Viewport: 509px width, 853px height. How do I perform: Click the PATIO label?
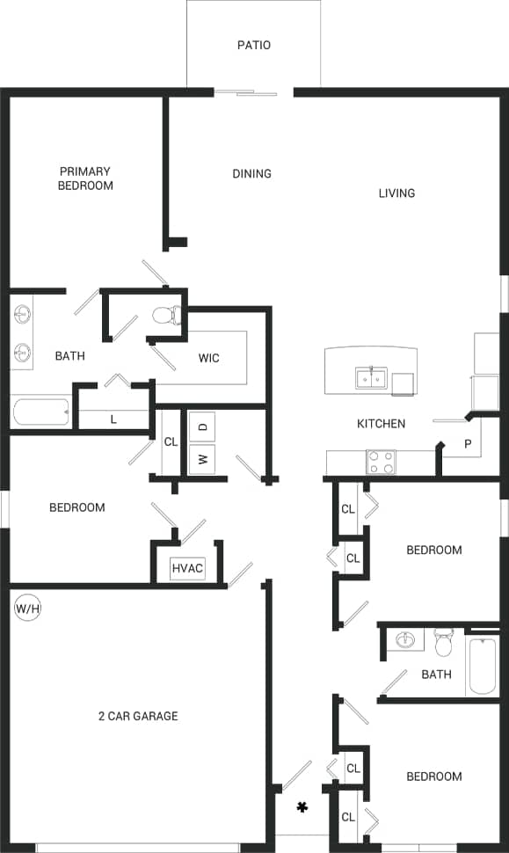(x=253, y=45)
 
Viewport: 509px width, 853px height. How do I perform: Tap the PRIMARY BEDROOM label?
(x=85, y=179)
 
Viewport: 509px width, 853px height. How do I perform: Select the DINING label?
(x=251, y=173)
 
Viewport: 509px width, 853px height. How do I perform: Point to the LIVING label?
(x=396, y=193)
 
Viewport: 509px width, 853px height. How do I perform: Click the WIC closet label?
(x=208, y=358)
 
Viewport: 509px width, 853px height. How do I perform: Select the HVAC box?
(x=187, y=569)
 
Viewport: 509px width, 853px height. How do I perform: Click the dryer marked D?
(x=202, y=426)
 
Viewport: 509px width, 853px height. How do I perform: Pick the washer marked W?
(x=202, y=458)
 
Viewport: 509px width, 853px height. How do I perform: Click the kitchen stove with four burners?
(x=381, y=462)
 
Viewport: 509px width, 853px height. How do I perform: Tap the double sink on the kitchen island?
(x=371, y=379)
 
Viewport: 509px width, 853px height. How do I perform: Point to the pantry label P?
(x=468, y=445)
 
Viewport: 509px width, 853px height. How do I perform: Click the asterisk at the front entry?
(x=302, y=806)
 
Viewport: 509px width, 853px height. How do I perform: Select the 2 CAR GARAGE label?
(x=138, y=716)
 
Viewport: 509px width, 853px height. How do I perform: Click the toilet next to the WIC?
(x=167, y=316)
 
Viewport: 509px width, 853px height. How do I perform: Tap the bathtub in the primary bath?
(x=40, y=412)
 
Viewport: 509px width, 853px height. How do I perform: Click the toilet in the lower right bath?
(x=444, y=643)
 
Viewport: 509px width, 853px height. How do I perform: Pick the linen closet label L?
(x=113, y=419)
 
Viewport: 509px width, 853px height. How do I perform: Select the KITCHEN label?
(x=381, y=424)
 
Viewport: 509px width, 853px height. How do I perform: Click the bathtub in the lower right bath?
(x=484, y=666)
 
